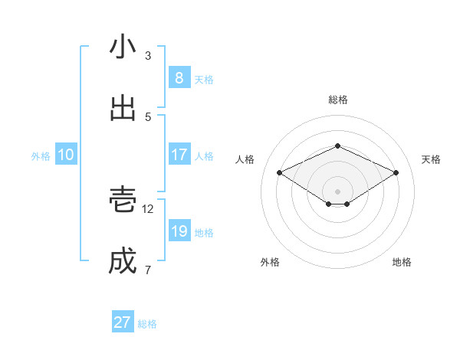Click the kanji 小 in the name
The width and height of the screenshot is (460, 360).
(x=123, y=47)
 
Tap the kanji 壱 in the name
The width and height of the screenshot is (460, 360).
(x=123, y=198)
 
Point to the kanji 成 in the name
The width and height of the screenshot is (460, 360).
(x=123, y=260)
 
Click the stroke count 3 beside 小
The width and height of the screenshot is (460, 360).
(x=148, y=56)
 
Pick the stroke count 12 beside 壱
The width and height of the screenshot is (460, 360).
(x=149, y=208)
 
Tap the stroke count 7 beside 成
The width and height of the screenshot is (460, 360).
(x=148, y=270)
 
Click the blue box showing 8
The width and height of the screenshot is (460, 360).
(x=179, y=78)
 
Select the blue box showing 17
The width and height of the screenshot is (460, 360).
(x=179, y=155)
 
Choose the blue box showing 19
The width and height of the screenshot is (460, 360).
(x=179, y=231)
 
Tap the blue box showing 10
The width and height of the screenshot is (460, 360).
(x=66, y=155)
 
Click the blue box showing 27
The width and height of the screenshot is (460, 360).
(x=122, y=322)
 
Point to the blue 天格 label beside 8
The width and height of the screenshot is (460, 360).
(x=204, y=79)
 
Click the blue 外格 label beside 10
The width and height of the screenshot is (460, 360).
(x=41, y=155)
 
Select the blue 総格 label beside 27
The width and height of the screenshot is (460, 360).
(x=147, y=324)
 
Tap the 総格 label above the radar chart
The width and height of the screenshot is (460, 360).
(x=337, y=100)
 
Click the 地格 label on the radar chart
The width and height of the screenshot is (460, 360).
(x=402, y=262)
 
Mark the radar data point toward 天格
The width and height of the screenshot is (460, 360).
(x=396, y=172)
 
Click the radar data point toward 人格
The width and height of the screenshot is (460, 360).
(x=280, y=172)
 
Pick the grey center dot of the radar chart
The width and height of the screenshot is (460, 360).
(x=337, y=191)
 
